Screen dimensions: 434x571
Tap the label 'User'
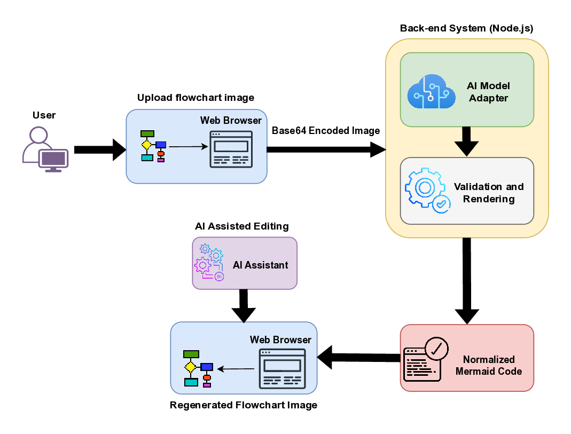coord(44,115)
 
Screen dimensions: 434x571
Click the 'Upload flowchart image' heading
coord(195,98)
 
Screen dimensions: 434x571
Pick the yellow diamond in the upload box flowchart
coord(146,145)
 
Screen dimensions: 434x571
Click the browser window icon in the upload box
coord(231,149)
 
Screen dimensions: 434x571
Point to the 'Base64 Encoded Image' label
coord(326,131)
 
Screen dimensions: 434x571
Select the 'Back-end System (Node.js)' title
coord(466,28)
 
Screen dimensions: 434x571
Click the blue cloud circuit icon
coord(431,92)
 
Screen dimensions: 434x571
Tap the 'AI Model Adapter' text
coord(489,92)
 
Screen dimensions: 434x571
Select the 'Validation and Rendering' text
coord(489,193)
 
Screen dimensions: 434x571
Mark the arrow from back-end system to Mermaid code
coord(466,280)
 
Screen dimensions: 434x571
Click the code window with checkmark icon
coord(426,359)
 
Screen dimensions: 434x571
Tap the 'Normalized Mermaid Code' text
coord(488,365)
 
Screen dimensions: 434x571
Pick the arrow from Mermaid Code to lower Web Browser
coord(358,357)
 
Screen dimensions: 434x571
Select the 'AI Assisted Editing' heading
coord(242,226)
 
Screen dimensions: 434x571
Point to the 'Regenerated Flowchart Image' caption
coord(244,405)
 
